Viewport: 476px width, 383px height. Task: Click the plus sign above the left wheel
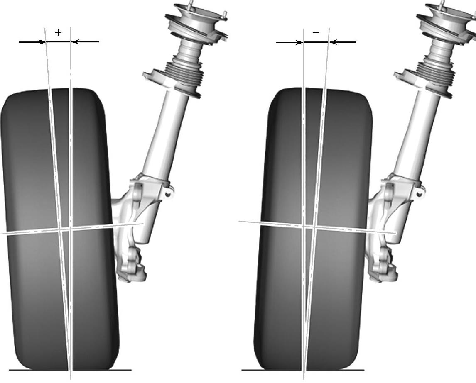coord(58,32)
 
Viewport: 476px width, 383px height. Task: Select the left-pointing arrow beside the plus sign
coord(85,42)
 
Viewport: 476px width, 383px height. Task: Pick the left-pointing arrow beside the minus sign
coord(342,42)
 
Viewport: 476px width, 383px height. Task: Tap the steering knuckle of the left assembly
coord(133,232)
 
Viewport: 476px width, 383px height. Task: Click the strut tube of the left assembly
coord(166,133)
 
